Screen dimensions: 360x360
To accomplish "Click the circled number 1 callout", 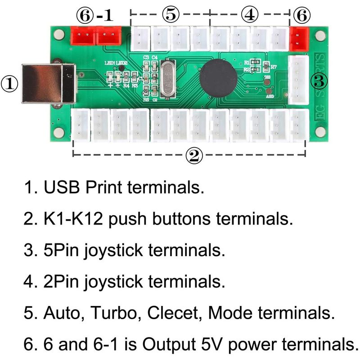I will point(10,84).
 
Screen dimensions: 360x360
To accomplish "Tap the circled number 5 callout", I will point(170,14).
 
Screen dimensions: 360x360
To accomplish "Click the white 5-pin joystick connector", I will point(298,80).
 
